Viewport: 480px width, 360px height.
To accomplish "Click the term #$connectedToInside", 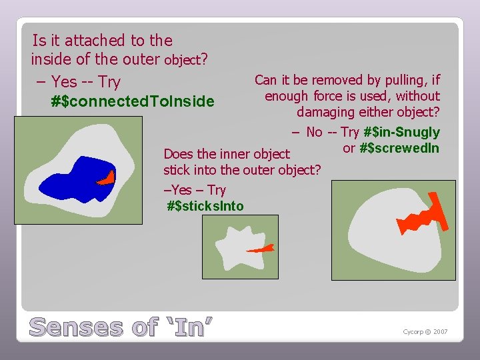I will [x=133, y=101].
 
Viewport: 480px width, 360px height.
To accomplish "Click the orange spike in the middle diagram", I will [x=261, y=249].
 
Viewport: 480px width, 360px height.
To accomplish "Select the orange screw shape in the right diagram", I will [x=419, y=219].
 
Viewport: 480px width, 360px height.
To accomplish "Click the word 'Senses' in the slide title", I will [x=77, y=327].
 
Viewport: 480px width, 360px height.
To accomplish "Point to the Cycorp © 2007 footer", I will [x=425, y=332].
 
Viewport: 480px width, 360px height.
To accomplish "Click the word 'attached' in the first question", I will [x=87, y=41].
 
